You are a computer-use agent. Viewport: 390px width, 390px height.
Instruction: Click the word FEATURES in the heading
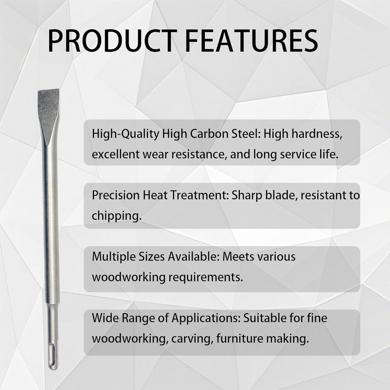click(252, 41)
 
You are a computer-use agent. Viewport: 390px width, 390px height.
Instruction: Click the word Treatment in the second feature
click(199, 195)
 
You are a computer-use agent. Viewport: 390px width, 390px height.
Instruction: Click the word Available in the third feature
click(193, 257)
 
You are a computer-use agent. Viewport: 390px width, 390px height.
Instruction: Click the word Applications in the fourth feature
click(206, 318)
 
